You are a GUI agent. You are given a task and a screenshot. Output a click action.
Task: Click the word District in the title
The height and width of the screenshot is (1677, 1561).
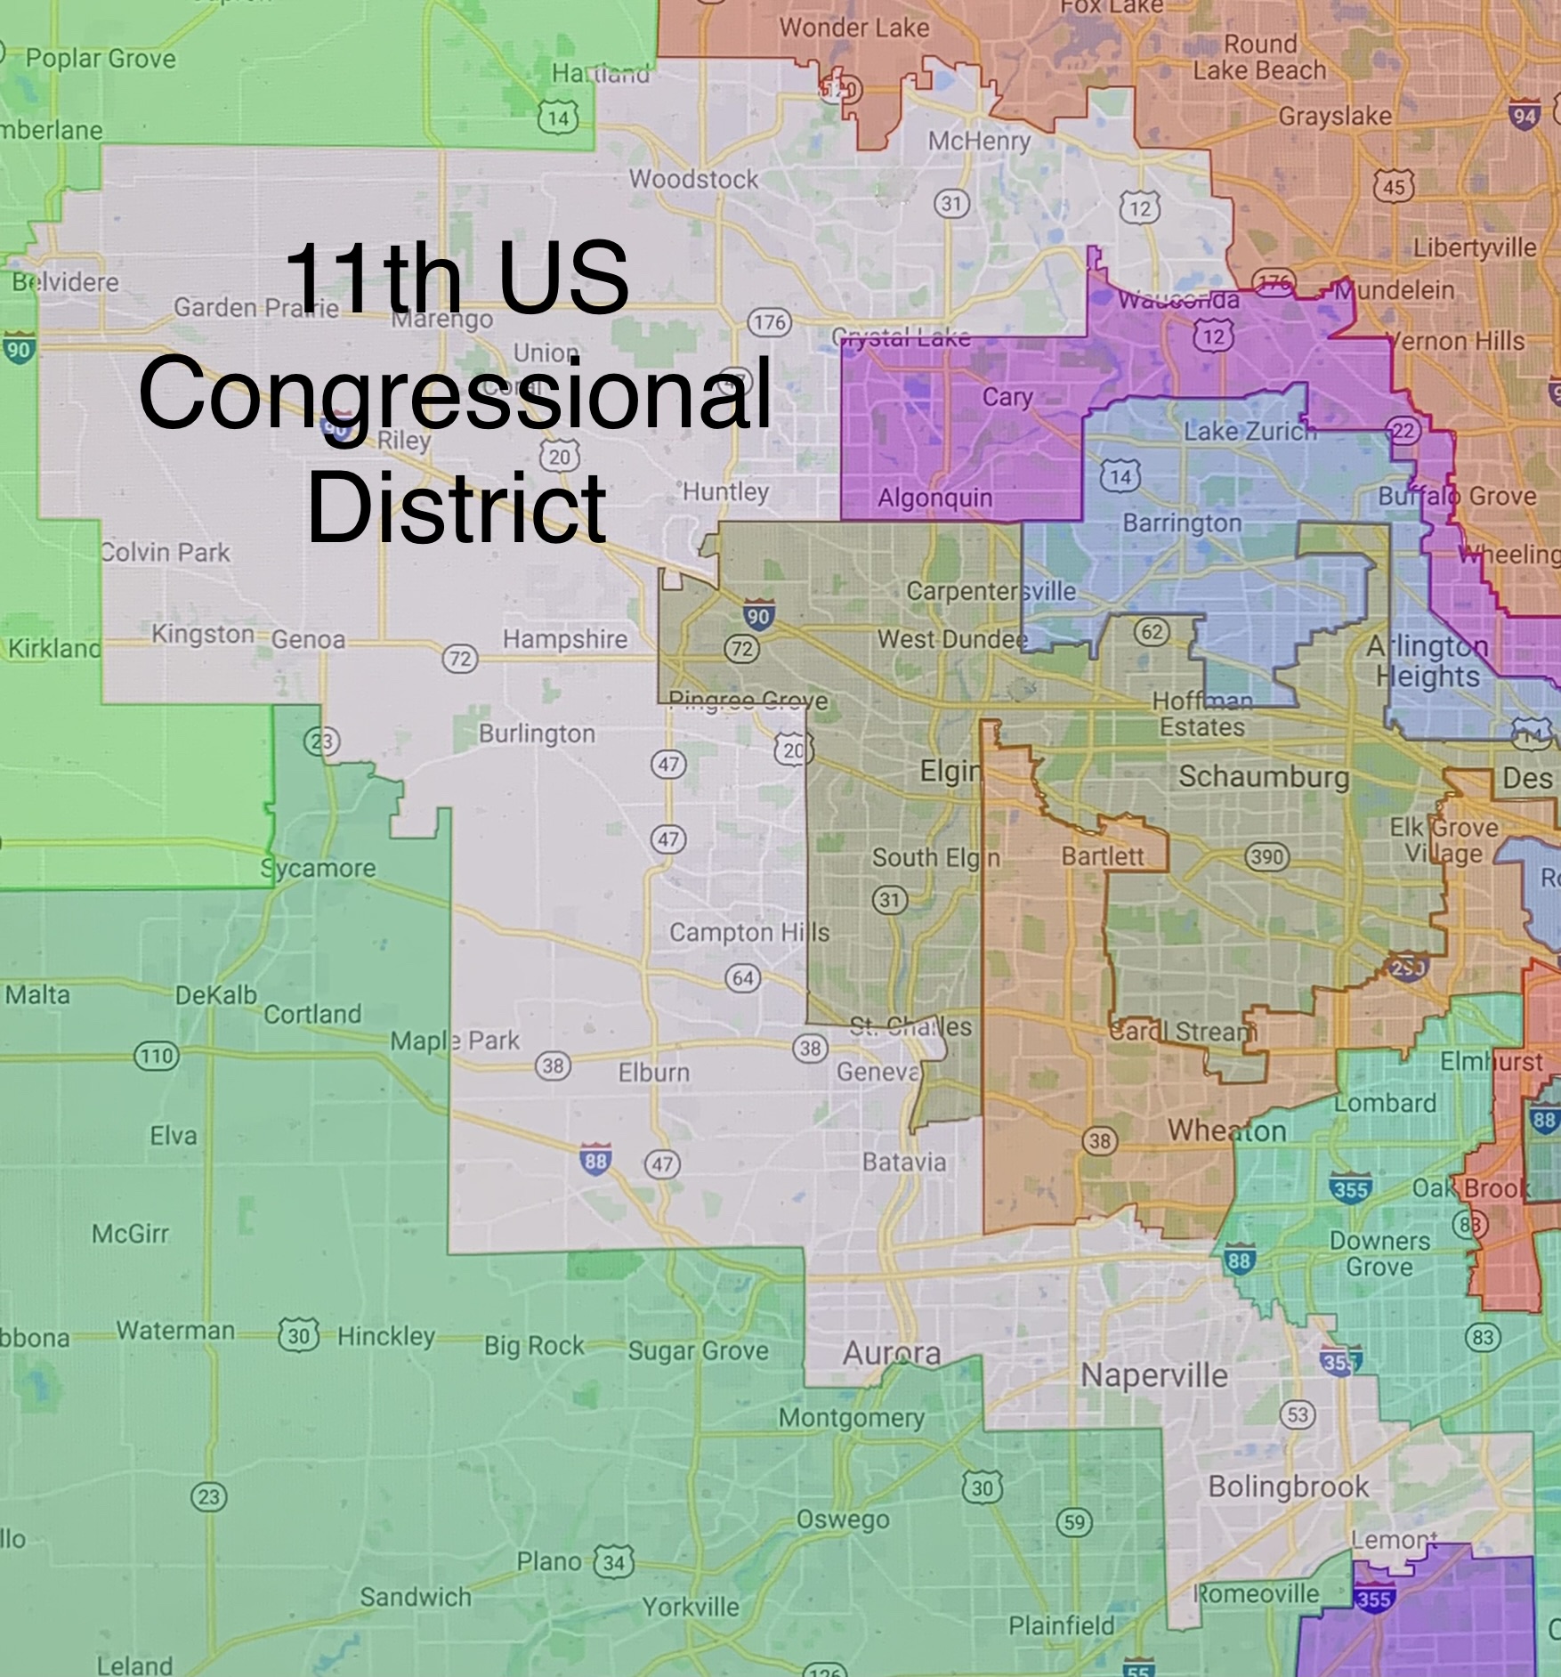457,508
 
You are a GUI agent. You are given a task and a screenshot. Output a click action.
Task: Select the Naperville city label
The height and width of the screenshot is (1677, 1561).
1153,1374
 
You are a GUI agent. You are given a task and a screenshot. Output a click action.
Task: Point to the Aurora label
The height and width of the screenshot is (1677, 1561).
891,1353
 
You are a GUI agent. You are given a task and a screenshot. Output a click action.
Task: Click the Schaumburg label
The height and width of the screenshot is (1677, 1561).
1263,776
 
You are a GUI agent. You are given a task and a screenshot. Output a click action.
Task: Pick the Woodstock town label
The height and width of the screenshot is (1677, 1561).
693,179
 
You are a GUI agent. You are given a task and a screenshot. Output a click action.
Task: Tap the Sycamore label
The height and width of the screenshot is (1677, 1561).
319,868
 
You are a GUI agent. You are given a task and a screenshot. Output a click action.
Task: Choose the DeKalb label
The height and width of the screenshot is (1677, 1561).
216,994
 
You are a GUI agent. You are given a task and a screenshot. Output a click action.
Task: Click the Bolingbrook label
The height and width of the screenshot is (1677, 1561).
1288,1487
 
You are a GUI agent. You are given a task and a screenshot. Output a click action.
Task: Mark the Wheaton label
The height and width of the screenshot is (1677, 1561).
1226,1130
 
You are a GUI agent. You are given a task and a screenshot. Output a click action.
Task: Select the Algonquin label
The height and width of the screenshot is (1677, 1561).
934,498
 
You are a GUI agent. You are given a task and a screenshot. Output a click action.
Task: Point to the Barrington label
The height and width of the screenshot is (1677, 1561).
1182,523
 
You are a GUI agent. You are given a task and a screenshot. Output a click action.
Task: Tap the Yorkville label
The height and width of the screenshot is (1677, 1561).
691,1607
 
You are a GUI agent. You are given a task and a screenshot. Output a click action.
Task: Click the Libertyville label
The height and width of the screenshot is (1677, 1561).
1475,247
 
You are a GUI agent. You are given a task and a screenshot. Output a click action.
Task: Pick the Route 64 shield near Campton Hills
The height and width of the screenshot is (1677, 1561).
743,978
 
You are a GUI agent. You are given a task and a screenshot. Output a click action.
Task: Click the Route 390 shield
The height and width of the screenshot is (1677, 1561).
1266,857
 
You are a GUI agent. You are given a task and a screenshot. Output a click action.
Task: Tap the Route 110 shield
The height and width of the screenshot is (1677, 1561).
156,1057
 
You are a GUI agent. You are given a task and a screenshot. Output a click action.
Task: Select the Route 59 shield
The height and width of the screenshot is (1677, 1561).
1074,1522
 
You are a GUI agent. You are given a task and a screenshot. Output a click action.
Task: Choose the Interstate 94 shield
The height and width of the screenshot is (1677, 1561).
1524,116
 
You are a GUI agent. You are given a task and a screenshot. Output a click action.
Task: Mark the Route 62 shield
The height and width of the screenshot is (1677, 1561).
1152,632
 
